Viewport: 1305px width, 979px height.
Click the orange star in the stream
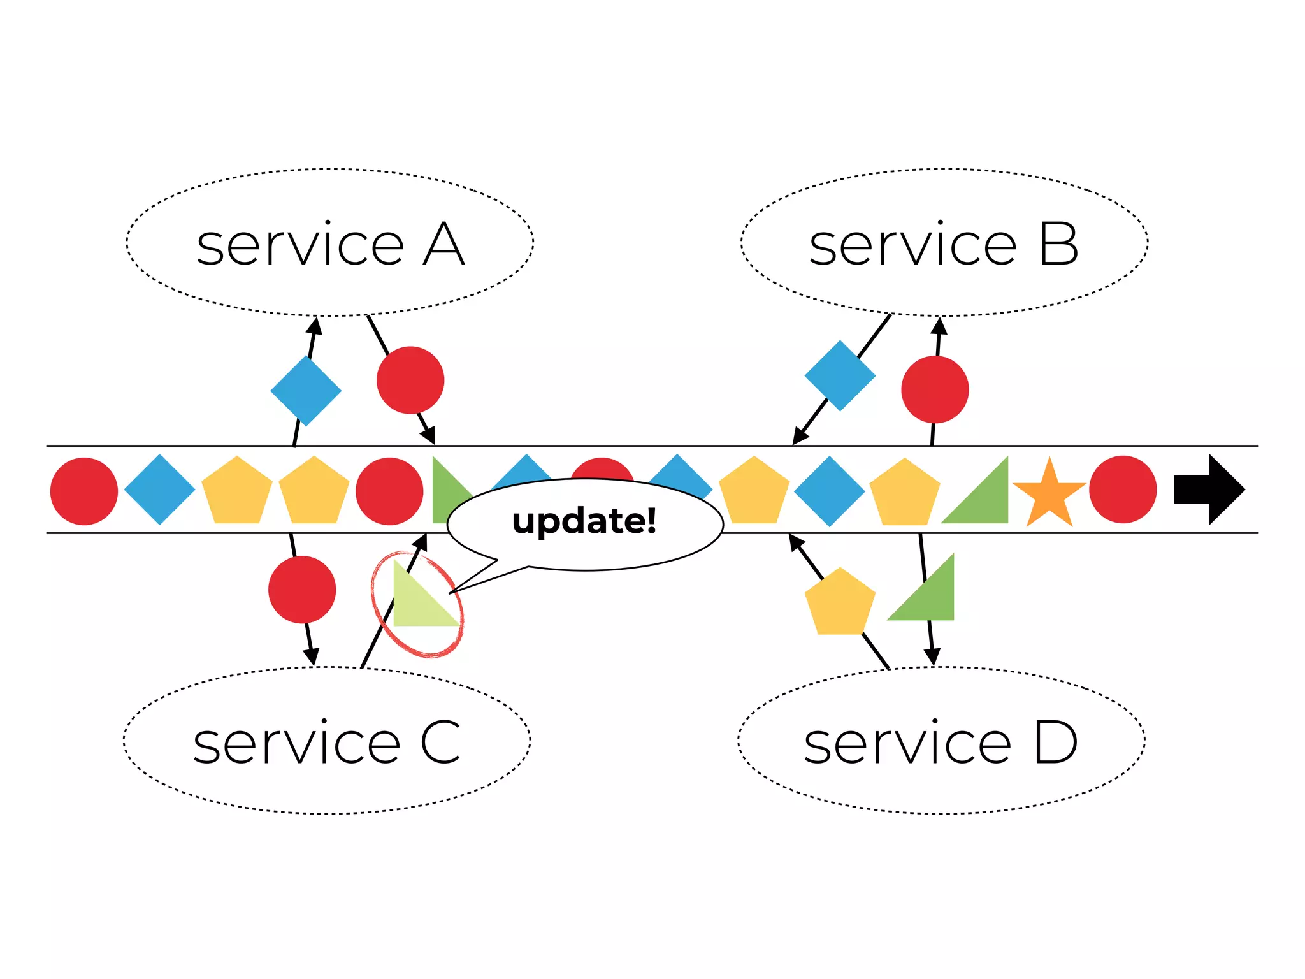[1049, 493]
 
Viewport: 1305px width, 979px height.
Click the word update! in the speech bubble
[584, 521]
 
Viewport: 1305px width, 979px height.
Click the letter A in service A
[443, 245]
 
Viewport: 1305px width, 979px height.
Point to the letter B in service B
[1058, 245]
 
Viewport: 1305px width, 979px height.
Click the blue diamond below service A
[306, 391]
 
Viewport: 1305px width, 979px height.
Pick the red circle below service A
[410, 380]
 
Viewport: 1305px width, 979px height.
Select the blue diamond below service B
[840, 375]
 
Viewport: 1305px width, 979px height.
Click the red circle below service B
[935, 389]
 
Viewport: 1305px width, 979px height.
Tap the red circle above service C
[302, 590]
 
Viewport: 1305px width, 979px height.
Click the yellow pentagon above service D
[840, 603]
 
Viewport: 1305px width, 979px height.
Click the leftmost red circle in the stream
[84, 491]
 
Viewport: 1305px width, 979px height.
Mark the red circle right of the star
[1123, 489]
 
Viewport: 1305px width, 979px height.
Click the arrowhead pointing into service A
[315, 326]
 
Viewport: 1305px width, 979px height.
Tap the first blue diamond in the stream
[159, 489]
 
